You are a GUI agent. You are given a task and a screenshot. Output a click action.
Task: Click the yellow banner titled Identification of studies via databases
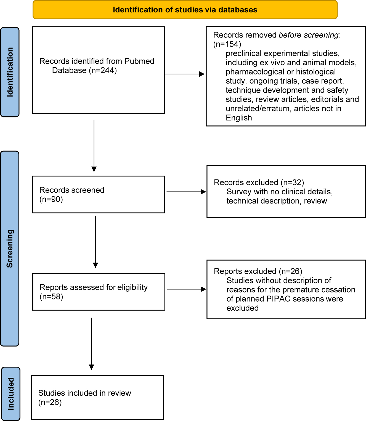tap(185, 10)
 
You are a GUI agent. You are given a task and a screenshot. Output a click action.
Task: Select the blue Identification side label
tap(10, 72)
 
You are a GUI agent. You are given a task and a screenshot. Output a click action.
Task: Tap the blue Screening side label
tap(10, 248)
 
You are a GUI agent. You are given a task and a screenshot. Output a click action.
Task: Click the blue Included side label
tap(11, 393)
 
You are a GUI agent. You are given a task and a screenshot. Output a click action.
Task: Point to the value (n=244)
tap(103, 71)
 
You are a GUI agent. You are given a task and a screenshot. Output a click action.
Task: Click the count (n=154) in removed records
tap(227, 44)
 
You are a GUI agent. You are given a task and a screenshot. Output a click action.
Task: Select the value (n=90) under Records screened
tap(51, 199)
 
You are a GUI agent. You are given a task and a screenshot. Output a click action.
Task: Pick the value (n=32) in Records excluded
tap(292, 183)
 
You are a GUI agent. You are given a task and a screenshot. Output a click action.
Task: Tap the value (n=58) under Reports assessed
tap(51, 297)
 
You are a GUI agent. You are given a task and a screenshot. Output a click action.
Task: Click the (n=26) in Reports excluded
tap(290, 271)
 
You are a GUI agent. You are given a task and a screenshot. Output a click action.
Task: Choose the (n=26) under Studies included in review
tap(50, 402)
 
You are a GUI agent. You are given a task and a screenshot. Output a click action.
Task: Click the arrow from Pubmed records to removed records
tap(184, 74)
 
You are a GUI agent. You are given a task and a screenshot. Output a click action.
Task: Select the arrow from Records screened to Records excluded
tap(186, 192)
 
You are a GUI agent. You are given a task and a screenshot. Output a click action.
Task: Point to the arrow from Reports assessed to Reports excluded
tap(186, 289)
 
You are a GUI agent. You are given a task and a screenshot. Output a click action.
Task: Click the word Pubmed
tap(139, 61)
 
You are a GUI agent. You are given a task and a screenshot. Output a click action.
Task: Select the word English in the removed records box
tap(239, 118)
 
